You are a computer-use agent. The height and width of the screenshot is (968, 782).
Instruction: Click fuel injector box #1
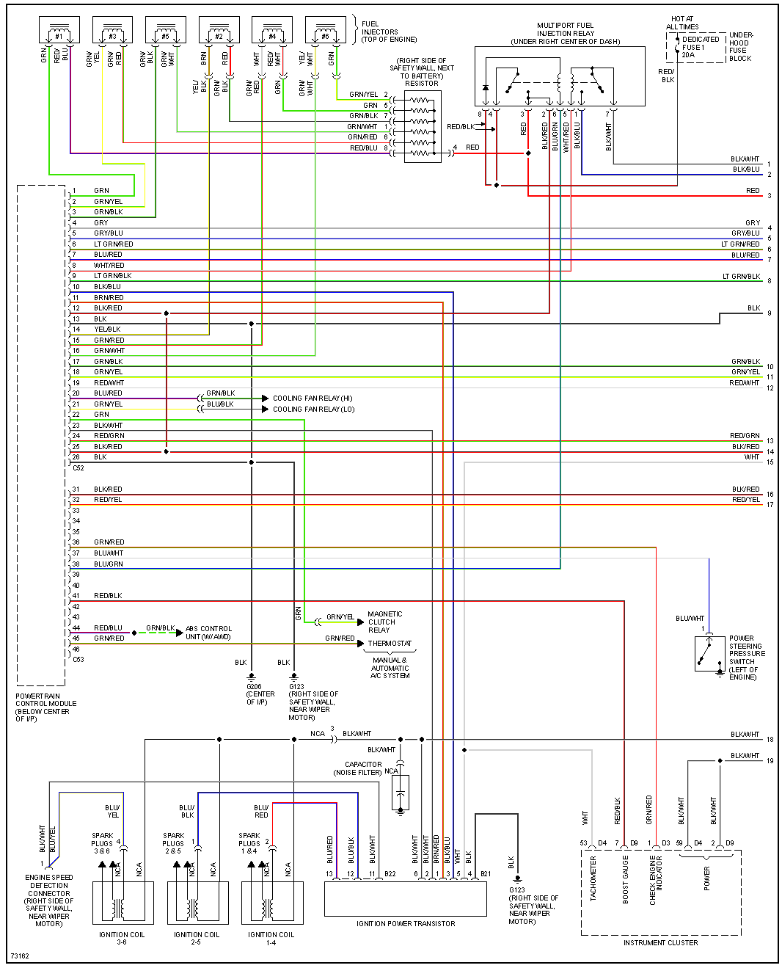(x=59, y=32)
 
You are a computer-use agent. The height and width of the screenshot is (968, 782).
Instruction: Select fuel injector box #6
(x=325, y=32)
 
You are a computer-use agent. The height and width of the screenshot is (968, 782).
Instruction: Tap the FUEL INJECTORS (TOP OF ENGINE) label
(x=389, y=32)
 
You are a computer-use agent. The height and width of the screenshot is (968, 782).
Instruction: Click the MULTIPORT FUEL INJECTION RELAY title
(x=565, y=33)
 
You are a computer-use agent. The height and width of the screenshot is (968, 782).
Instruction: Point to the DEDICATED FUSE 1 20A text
(x=700, y=47)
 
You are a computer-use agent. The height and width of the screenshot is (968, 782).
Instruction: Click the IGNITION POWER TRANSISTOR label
(x=406, y=923)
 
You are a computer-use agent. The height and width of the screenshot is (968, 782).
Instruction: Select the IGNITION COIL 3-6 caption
(x=122, y=938)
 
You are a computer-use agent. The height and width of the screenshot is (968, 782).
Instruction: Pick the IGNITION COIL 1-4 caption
(x=271, y=938)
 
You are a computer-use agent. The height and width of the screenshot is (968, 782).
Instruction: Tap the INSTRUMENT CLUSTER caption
(x=660, y=942)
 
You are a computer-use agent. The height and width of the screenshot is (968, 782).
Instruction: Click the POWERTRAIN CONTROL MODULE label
(x=45, y=707)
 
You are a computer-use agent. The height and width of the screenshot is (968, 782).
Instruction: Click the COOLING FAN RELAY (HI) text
(x=313, y=399)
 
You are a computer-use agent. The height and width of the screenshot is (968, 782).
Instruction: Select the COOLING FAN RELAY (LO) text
(x=313, y=410)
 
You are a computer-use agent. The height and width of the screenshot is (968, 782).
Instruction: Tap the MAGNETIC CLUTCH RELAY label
(x=384, y=622)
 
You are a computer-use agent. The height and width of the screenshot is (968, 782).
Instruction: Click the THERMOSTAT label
(x=390, y=644)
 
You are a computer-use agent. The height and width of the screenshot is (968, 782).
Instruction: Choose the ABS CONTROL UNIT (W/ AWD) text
(x=208, y=633)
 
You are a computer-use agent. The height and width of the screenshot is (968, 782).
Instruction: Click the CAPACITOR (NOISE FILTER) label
(x=358, y=768)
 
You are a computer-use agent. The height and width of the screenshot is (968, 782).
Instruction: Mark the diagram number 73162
(x=19, y=956)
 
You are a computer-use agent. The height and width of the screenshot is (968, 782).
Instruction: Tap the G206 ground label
(x=260, y=694)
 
